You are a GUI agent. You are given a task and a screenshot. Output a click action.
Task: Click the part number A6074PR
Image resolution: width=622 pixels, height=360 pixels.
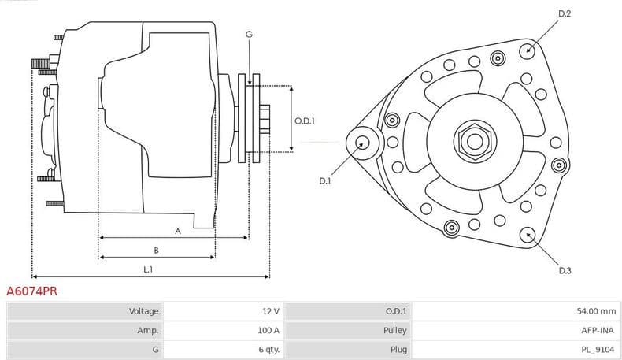point(32,291)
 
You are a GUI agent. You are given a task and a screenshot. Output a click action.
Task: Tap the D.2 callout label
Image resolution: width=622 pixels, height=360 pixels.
point(564,14)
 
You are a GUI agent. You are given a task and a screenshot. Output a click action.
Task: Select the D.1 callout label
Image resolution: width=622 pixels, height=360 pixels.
point(325,181)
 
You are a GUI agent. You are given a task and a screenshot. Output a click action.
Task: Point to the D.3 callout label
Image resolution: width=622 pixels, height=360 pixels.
point(564,271)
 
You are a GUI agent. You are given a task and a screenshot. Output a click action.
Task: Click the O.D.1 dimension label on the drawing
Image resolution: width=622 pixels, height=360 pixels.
point(305,121)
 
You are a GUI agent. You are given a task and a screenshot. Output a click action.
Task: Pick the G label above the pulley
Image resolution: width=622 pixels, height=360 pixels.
point(249,34)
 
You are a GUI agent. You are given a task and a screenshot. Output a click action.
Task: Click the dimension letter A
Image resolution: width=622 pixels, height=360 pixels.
point(178,231)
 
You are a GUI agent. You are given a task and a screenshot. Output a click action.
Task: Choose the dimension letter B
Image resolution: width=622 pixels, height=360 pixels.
point(156,251)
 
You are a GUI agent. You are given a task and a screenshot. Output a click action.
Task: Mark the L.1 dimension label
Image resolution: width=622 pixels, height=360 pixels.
point(148,270)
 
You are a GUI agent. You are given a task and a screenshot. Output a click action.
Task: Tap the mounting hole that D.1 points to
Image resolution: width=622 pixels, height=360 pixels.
point(362,143)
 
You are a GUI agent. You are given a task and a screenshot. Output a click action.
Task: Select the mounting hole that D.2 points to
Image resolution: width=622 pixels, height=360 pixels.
point(528,50)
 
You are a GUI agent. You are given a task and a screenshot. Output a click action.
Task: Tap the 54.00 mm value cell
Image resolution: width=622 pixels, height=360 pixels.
point(595,312)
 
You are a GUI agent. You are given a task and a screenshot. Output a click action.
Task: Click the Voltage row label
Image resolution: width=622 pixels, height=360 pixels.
point(144,312)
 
